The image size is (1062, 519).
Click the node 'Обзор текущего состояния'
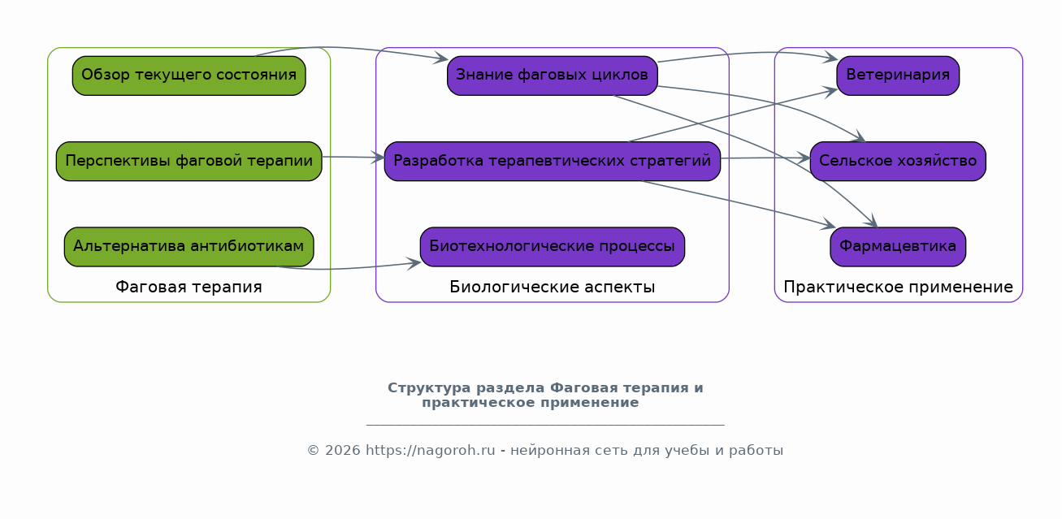tap(189, 76)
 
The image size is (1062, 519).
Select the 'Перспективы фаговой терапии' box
tap(189, 161)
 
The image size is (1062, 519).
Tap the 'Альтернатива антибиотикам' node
tap(189, 246)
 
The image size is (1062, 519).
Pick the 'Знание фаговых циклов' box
tap(553, 76)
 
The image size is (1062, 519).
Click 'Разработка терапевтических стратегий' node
tap(553, 161)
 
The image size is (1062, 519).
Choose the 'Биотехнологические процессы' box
tap(553, 246)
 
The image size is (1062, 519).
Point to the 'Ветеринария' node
tap(898, 76)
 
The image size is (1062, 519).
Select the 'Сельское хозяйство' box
tap(898, 161)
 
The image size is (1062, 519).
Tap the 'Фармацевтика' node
tap(898, 246)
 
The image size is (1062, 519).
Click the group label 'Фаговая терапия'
tap(189, 288)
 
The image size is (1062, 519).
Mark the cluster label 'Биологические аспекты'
tap(553, 288)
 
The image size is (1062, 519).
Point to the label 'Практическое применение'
tap(899, 288)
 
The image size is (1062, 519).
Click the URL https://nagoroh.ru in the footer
tap(431, 450)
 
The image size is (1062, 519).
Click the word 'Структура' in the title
tap(430, 388)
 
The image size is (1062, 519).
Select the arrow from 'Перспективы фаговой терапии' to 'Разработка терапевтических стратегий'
tap(353, 157)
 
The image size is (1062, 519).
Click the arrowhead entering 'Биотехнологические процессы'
tap(414, 263)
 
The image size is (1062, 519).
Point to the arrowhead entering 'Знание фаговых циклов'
tap(441, 58)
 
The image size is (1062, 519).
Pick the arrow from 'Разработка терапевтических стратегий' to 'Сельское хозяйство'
tap(765, 158)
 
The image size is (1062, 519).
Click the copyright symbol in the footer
tap(313, 450)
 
